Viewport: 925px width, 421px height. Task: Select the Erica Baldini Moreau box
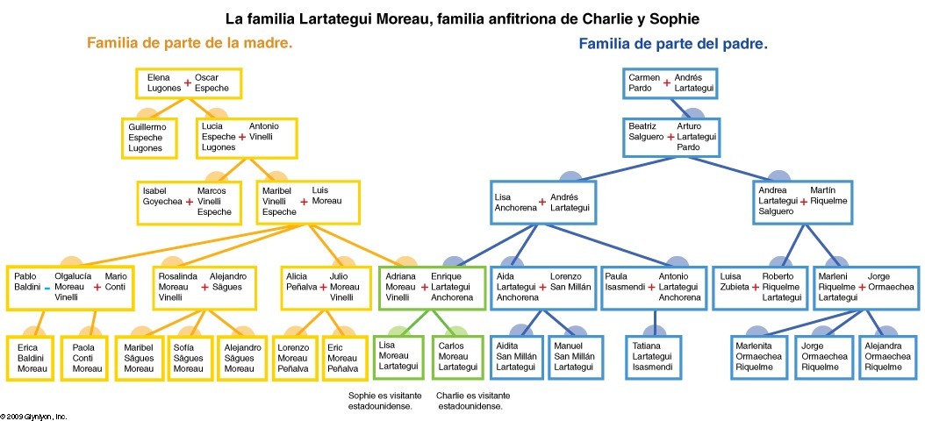32,358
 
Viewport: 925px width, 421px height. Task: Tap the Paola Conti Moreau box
88,358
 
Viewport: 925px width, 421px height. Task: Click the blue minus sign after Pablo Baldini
47,288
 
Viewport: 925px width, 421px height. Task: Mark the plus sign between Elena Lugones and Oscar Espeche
187,83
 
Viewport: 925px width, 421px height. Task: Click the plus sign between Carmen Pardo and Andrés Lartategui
667,83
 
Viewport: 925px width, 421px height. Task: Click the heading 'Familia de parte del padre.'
673,43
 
